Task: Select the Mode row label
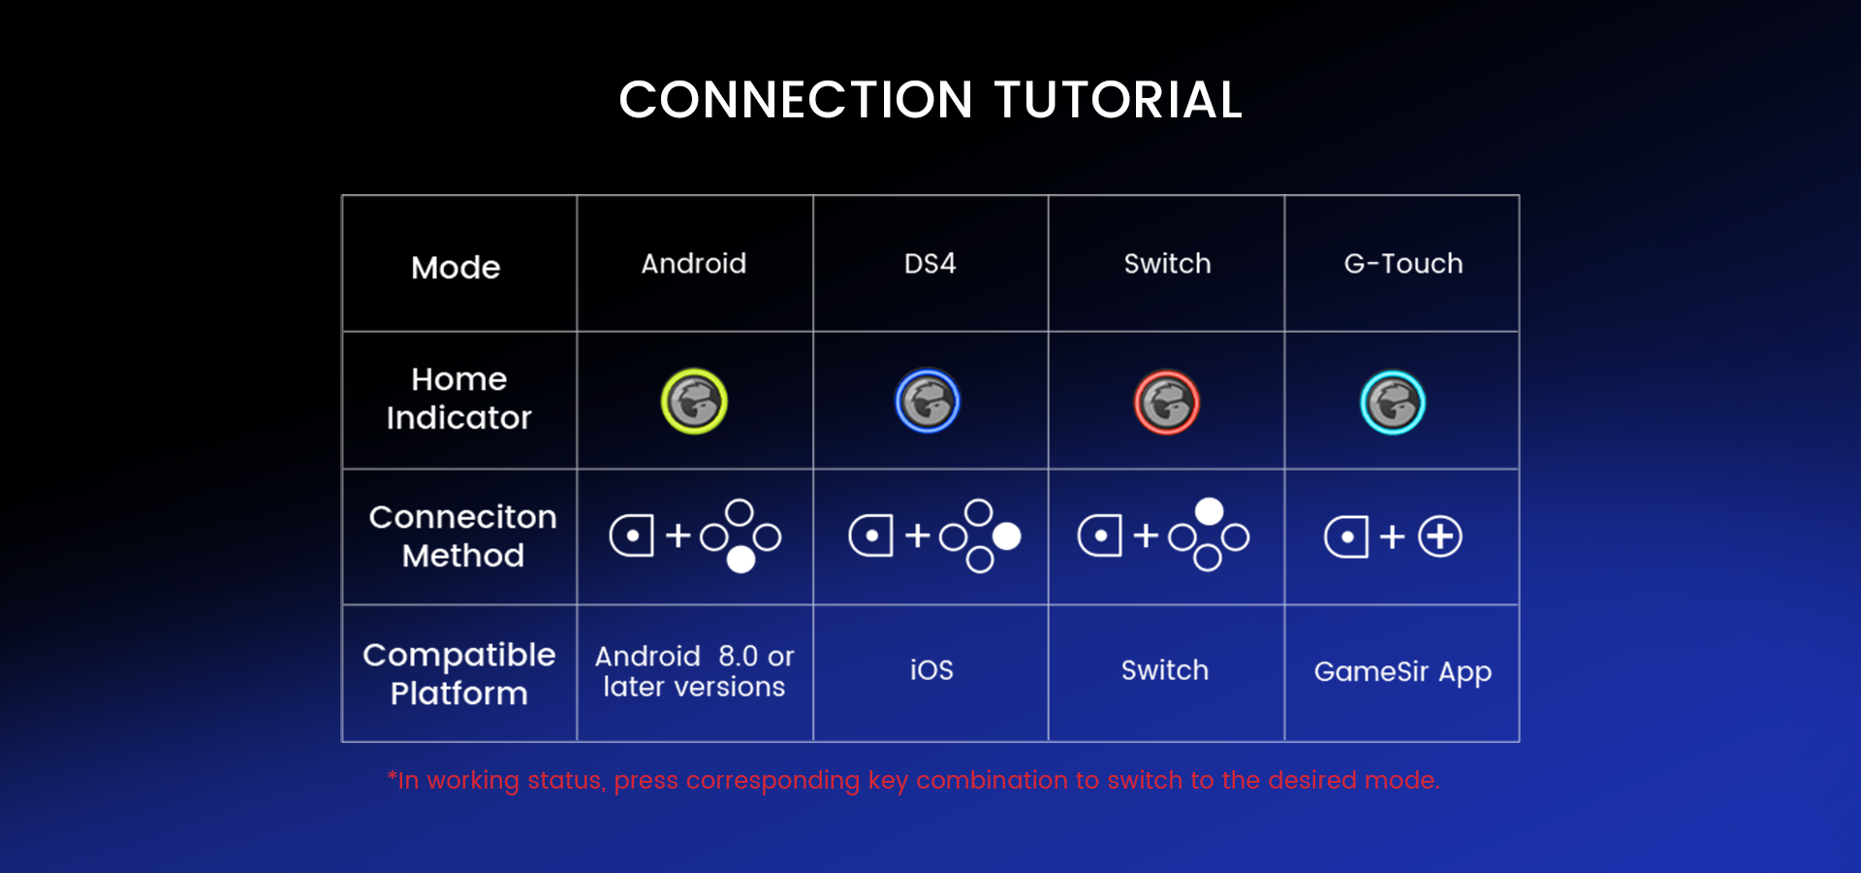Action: point(456,267)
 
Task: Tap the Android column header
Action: point(694,264)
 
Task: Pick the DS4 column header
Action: point(930,264)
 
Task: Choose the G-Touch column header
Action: point(1403,264)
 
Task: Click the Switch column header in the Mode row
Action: point(1167,264)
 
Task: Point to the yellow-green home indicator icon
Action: point(694,402)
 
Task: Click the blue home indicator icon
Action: point(928,402)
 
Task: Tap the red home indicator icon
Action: point(1167,403)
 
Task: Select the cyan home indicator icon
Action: point(1393,403)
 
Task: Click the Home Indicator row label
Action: point(458,399)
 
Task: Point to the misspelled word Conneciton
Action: point(462,517)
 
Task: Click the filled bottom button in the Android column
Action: point(741,560)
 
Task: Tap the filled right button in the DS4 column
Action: point(1007,535)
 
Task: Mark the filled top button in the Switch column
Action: point(1209,511)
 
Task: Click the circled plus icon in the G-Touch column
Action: point(1440,536)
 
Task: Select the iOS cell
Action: point(930,670)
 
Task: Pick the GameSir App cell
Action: point(1403,672)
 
